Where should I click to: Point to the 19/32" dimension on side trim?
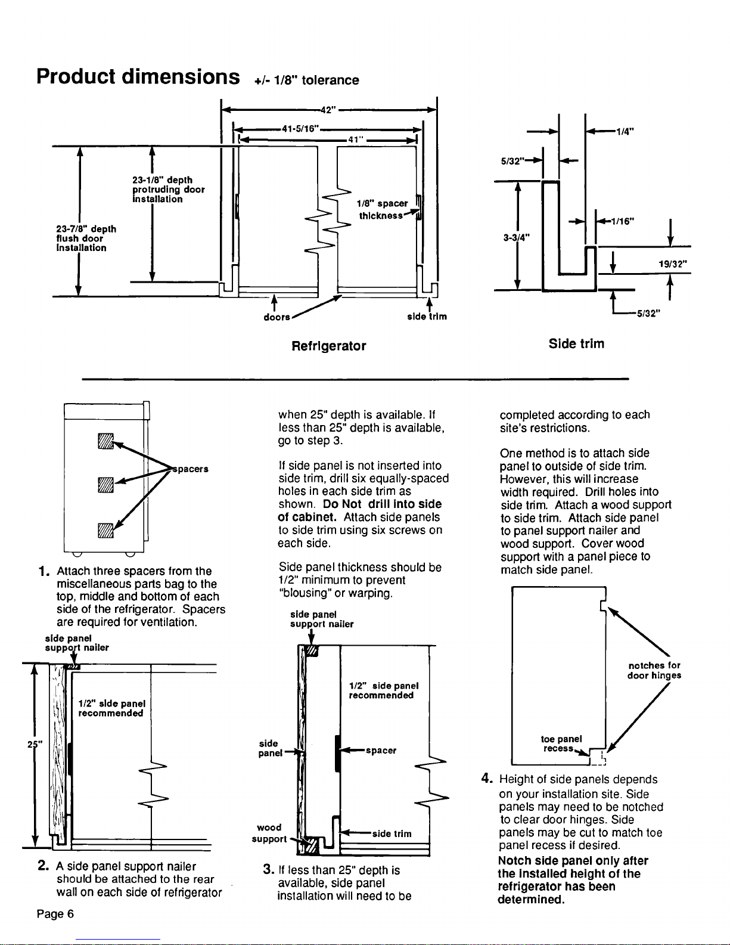[672, 262]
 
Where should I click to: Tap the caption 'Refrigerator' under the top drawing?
[328, 346]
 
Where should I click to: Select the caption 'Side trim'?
[576, 344]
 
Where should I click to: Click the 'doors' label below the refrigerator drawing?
[277, 317]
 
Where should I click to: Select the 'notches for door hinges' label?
[654, 670]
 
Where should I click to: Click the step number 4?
[486, 779]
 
